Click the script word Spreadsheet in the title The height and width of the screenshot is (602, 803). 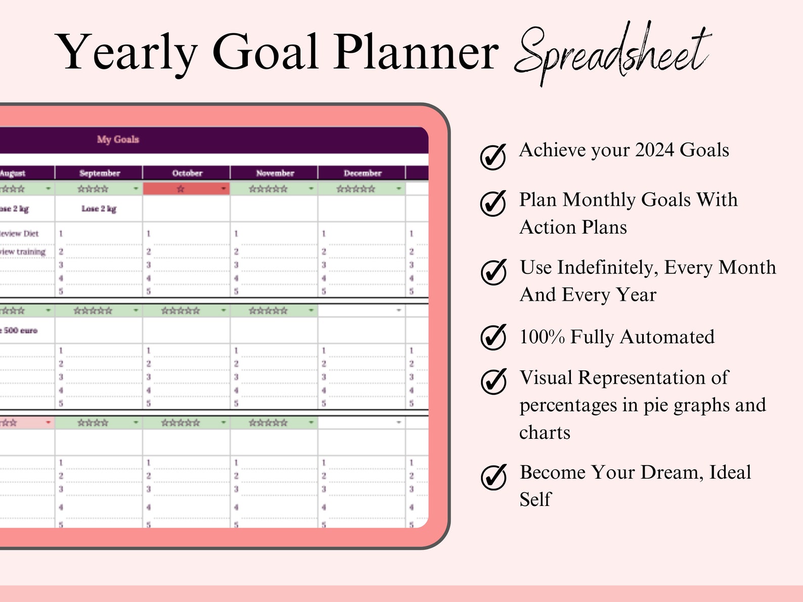pyautogui.click(x=612, y=53)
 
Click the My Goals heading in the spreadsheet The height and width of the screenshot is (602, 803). pyautogui.click(x=118, y=140)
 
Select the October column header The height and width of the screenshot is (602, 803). pyautogui.click(x=187, y=173)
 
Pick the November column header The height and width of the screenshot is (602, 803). pyautogui.click(x=275, y=173)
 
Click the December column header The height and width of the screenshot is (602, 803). pyautogui.click(x=362, y=173)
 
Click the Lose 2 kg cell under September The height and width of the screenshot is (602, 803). pyautogui.click(x=99, y=209)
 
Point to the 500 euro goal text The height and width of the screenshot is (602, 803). pyautogui.click(x=20, y=331)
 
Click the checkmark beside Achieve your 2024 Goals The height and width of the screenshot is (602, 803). pyautogui.click(x=493, y=156)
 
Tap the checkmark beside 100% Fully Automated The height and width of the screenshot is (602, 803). pyautogui.click(x=493, y=337)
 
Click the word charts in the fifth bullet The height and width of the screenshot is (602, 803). pyautogui.click(x=545, y=433)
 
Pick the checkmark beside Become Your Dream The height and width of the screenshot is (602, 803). pyautogui.click(x=493, y=477)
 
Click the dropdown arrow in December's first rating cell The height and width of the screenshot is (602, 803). pyautogui.click(x=398, y=189)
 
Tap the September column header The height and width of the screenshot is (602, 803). pyautogui.click(x=100, y=173)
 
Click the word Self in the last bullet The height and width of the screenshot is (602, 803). pyautogui.click(x=535, y=499)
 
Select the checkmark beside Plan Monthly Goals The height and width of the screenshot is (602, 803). pyautogui.click(x=493, y=203)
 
